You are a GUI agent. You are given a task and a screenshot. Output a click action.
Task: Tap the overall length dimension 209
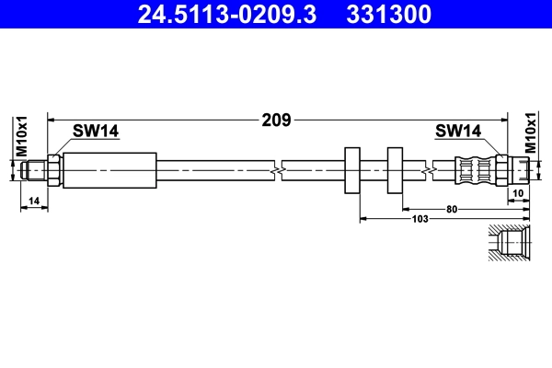pyautogui.click(x=277, y=120)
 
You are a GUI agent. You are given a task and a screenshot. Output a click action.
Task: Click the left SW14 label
pyautogui.click(x=97, y=132)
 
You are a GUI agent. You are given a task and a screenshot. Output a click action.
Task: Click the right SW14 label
pyautogui.click(x=458, y=132)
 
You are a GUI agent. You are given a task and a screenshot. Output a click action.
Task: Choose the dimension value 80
pyautogui.click(x=452, y=209)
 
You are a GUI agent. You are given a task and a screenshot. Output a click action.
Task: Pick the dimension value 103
pyautogui.click(x=420, y=218)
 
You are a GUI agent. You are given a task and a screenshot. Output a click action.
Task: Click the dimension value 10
pyautogui.click(x=518, y=192)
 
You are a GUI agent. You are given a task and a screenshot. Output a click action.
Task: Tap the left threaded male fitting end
pyautogui.click(x=35, y=170)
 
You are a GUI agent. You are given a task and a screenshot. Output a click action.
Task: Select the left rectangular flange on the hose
pyautogui.click(x=351, y=170)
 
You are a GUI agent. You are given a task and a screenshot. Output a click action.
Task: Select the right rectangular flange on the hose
pyautogui.click(x=395, y=170)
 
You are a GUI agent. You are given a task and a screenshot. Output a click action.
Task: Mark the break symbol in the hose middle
pyautogui.click(x=277, y=170)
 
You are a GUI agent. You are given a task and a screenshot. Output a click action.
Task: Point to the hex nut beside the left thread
pyautogui.click(x=55, y=170)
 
